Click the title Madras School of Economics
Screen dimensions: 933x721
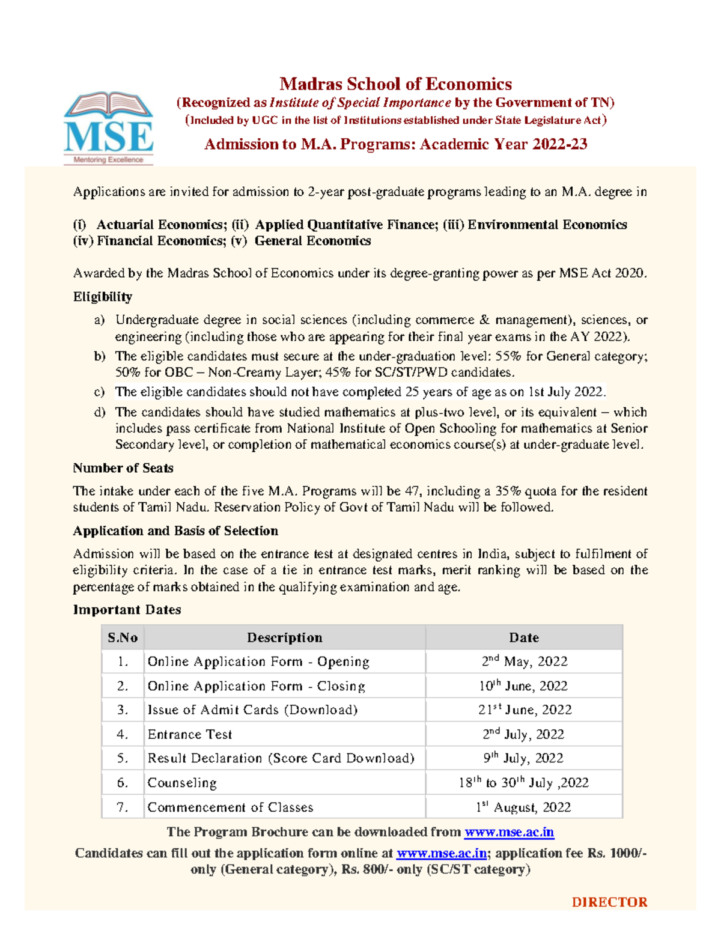(395, 84)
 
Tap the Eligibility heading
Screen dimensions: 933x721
(102, 297)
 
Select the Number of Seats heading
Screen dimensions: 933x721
(123, 468)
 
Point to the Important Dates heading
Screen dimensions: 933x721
(127, 610)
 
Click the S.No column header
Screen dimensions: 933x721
(123, 637)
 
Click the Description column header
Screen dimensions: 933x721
(284, 637)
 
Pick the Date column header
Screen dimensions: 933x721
(524, 637)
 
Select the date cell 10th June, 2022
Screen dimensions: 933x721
(523, 685)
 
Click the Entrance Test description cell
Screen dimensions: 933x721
(190, 734)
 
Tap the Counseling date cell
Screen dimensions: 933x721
(523, 783)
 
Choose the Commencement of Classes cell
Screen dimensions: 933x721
(230, 807)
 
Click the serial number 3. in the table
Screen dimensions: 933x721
(123, 710)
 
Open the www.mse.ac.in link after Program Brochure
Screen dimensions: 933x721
(509, 832)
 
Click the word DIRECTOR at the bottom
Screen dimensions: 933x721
(609, 902)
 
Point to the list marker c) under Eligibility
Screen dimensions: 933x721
(99, 392)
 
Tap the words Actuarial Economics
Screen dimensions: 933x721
(159, 225)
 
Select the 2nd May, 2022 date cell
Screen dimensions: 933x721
(525, 661)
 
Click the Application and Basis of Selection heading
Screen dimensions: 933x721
(175, 531)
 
